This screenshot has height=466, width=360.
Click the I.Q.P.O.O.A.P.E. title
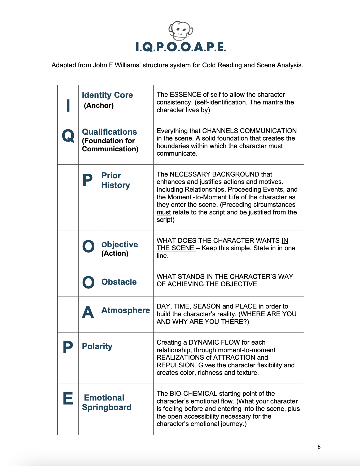tap(181, 47)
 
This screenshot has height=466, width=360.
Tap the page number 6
tap(319, 447)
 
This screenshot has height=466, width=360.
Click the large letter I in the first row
tap(68, 105)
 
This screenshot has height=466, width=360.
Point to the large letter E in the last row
tap(68, 399)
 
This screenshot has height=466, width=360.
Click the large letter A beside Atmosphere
tap(88, 312)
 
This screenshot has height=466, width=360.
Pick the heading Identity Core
tap(107, 95)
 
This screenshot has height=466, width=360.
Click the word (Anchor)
tap(99, 105)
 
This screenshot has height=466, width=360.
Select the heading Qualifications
tap(109, 132)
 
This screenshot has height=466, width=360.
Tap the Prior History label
tap(116, 180)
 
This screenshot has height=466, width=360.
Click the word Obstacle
tap(119, 282)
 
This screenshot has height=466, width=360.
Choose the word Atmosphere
tap(126, 310)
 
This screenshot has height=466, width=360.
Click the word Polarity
tap(97, 346)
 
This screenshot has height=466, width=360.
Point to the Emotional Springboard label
tap(107, 402)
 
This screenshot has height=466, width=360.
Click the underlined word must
tap(164, 212)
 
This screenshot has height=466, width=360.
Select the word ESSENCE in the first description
tap(185, 95)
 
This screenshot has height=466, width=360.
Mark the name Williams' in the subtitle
tap(128, 65)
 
